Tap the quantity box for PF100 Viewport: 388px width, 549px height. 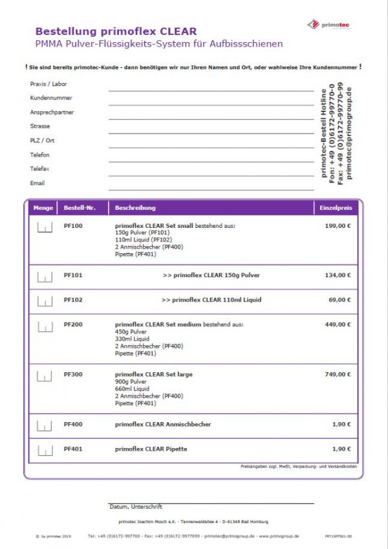point(45,227)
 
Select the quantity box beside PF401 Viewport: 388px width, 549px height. point(45,450)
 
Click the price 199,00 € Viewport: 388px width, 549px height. point(338,226)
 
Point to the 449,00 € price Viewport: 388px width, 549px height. point(338,324)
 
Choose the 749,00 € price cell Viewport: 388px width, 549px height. point(338,375)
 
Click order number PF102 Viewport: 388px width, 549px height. point(73,300)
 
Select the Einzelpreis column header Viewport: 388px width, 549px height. point(336,208)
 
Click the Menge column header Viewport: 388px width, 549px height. point(43,208)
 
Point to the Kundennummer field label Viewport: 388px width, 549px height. point(51,98)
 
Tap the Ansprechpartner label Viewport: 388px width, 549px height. point(52,112)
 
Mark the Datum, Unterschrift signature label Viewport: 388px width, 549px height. point(136,506)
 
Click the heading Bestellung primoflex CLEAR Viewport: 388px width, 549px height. point(116,31)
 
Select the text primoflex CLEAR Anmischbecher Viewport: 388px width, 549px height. point(163,424)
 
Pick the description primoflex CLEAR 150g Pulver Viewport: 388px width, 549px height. point(211,275)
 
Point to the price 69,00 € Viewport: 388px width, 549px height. point(339,300)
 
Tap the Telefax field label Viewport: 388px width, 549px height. point(39,169)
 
